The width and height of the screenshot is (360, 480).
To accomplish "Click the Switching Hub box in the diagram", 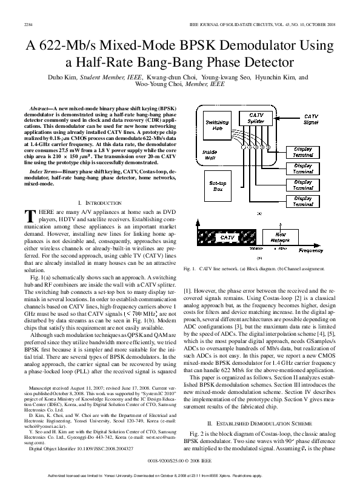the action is (216, 125).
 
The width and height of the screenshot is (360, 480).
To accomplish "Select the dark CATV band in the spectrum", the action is (227, 238).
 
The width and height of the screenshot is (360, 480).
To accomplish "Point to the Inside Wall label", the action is (210, 155).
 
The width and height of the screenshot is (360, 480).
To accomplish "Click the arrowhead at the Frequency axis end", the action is (340, 246).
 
